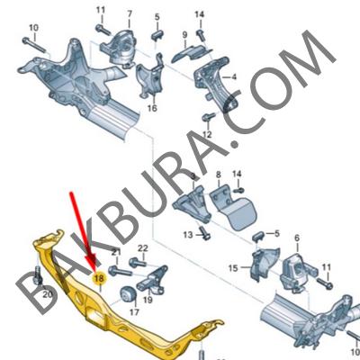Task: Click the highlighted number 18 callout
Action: [x=99, y=279]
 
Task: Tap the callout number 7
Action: [x=130, y=13]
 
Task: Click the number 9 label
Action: [x=184, y=35]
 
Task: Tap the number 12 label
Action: [x=207, y=134]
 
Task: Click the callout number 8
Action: [x=218, y=175]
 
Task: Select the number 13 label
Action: [x=188, y=235]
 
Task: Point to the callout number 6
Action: [x=297, y=238]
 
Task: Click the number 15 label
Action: [x=233, y=268]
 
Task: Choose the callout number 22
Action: [x=143, y=248]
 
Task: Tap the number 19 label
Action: [x=148, y=300]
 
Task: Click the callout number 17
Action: [x=134, y=312]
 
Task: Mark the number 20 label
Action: [x=48, y=294]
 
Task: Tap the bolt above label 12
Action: [x=209, y=116]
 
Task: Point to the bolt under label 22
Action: [x=138, y=263]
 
